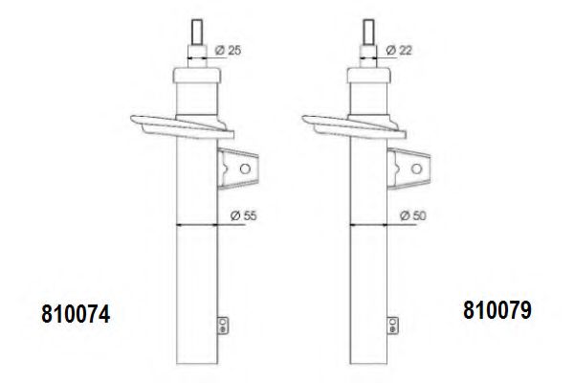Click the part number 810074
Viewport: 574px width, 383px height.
(x=76, y=314)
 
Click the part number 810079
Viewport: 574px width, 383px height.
(x=497, y=310)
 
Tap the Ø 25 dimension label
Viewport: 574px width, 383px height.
(x=228, y=50)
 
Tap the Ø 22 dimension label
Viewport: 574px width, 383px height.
(x=399, y=50)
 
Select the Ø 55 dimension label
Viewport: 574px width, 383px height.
(x=243, y=215)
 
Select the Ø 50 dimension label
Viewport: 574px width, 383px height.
(x=413, y=215)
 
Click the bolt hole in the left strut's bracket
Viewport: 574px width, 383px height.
(x=245, y=169)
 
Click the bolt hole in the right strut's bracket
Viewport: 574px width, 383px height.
(x=416, y=169)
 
